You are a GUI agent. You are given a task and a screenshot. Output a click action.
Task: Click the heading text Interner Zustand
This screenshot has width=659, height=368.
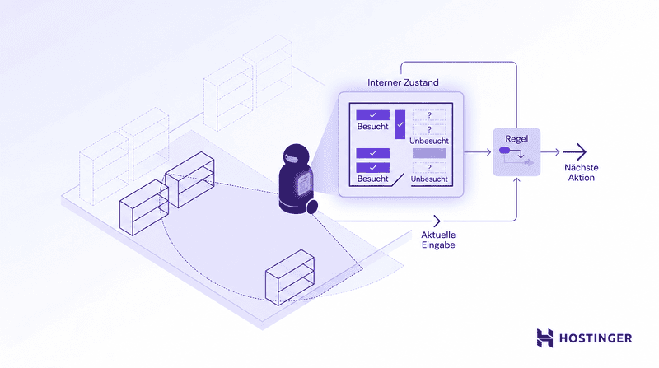coord(403,82)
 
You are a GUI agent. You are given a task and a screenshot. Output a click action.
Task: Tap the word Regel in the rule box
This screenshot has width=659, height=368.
coord(516,139)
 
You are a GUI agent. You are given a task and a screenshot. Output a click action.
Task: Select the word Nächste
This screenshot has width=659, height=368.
coord(582,167)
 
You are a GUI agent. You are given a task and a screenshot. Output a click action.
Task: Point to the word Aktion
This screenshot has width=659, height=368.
coord(582,178)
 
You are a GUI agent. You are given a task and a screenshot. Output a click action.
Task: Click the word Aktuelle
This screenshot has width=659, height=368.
coord(438,235)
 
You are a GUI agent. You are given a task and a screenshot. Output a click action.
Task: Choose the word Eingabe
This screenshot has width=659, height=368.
coord(438,245)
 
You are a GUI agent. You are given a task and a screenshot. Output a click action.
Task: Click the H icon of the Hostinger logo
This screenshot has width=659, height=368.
coord(544,338)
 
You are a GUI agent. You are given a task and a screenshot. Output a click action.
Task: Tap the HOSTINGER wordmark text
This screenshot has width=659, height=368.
coord(596,338)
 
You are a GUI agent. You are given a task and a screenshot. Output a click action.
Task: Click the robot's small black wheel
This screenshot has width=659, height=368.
coord(312,207)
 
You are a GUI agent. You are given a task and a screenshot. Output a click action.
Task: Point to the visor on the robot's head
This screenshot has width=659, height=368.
coord(293,158)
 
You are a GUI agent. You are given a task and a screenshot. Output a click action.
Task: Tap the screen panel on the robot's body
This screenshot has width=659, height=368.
coord(303,185)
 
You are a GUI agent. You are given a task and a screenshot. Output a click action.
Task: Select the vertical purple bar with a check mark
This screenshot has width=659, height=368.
coord(400,125)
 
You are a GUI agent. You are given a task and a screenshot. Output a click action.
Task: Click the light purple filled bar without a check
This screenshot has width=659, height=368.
coord(429,153)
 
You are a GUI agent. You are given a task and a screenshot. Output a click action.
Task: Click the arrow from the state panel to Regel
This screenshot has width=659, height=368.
coord(478,152)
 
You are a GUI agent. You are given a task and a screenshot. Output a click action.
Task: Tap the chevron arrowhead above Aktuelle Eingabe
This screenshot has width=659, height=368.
coord(437,221)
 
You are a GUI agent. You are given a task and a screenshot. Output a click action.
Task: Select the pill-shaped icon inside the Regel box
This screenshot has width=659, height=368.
coord(504,151)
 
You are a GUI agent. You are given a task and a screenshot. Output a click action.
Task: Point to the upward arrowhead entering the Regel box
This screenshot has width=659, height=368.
coord(516,180)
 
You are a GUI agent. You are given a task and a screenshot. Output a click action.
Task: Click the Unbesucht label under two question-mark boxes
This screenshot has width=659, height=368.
coord(429,141)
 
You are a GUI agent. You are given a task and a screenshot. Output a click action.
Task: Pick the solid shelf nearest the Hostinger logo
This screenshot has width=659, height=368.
coord(290,277)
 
